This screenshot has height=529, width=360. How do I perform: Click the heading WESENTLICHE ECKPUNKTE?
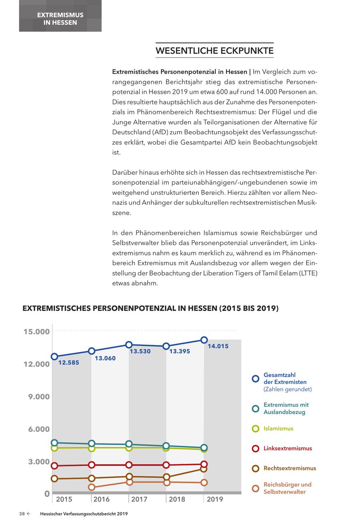pyautogui.click(x=214, y=51)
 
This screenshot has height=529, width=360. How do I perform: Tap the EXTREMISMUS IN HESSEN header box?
pyautogui.click(x=60, y=19)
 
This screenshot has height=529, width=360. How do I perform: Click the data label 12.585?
pyautogui.click(x=69, y=363)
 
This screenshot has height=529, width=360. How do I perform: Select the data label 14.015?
pyautogui.click(x=218, y=346)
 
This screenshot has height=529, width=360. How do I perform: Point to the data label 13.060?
pyautogui.click(x=105, y=358)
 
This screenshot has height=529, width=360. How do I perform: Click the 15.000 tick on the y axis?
pyautogui.click(x=36, y=331)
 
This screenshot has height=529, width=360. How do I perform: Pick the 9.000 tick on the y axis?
pyautogui.click(x=39, y=397)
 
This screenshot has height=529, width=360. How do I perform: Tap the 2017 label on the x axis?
pyautogui.click(x=139, y=499)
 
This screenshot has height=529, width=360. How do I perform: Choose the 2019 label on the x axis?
pyautogui.click(x=215, y=499)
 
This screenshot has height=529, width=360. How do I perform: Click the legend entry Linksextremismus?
pyautogui.click(x=288, y=448)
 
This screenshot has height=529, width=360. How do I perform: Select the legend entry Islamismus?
pyautogui.click(x=278, y=428)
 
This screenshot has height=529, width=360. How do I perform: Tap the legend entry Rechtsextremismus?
pyautogui.click(x=290, y=468)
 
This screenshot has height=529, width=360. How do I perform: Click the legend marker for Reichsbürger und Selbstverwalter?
pyautogui.click(x=256, y=488)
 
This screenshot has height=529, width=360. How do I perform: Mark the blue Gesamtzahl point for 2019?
pyautogui.click(x=204, y=340)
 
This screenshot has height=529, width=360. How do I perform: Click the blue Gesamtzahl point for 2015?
pyautogui.click(x=54, y=356)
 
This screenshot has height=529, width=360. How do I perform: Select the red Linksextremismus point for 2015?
pyautogui.click(x=54, y=466)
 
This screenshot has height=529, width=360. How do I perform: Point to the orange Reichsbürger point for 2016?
pyautogui.click(x=92, y=487)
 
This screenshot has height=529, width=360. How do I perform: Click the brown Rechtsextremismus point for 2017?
pyautogui.click(x=129, y=477)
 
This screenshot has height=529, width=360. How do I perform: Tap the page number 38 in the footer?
pyautogui.click(x=22, y=514)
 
